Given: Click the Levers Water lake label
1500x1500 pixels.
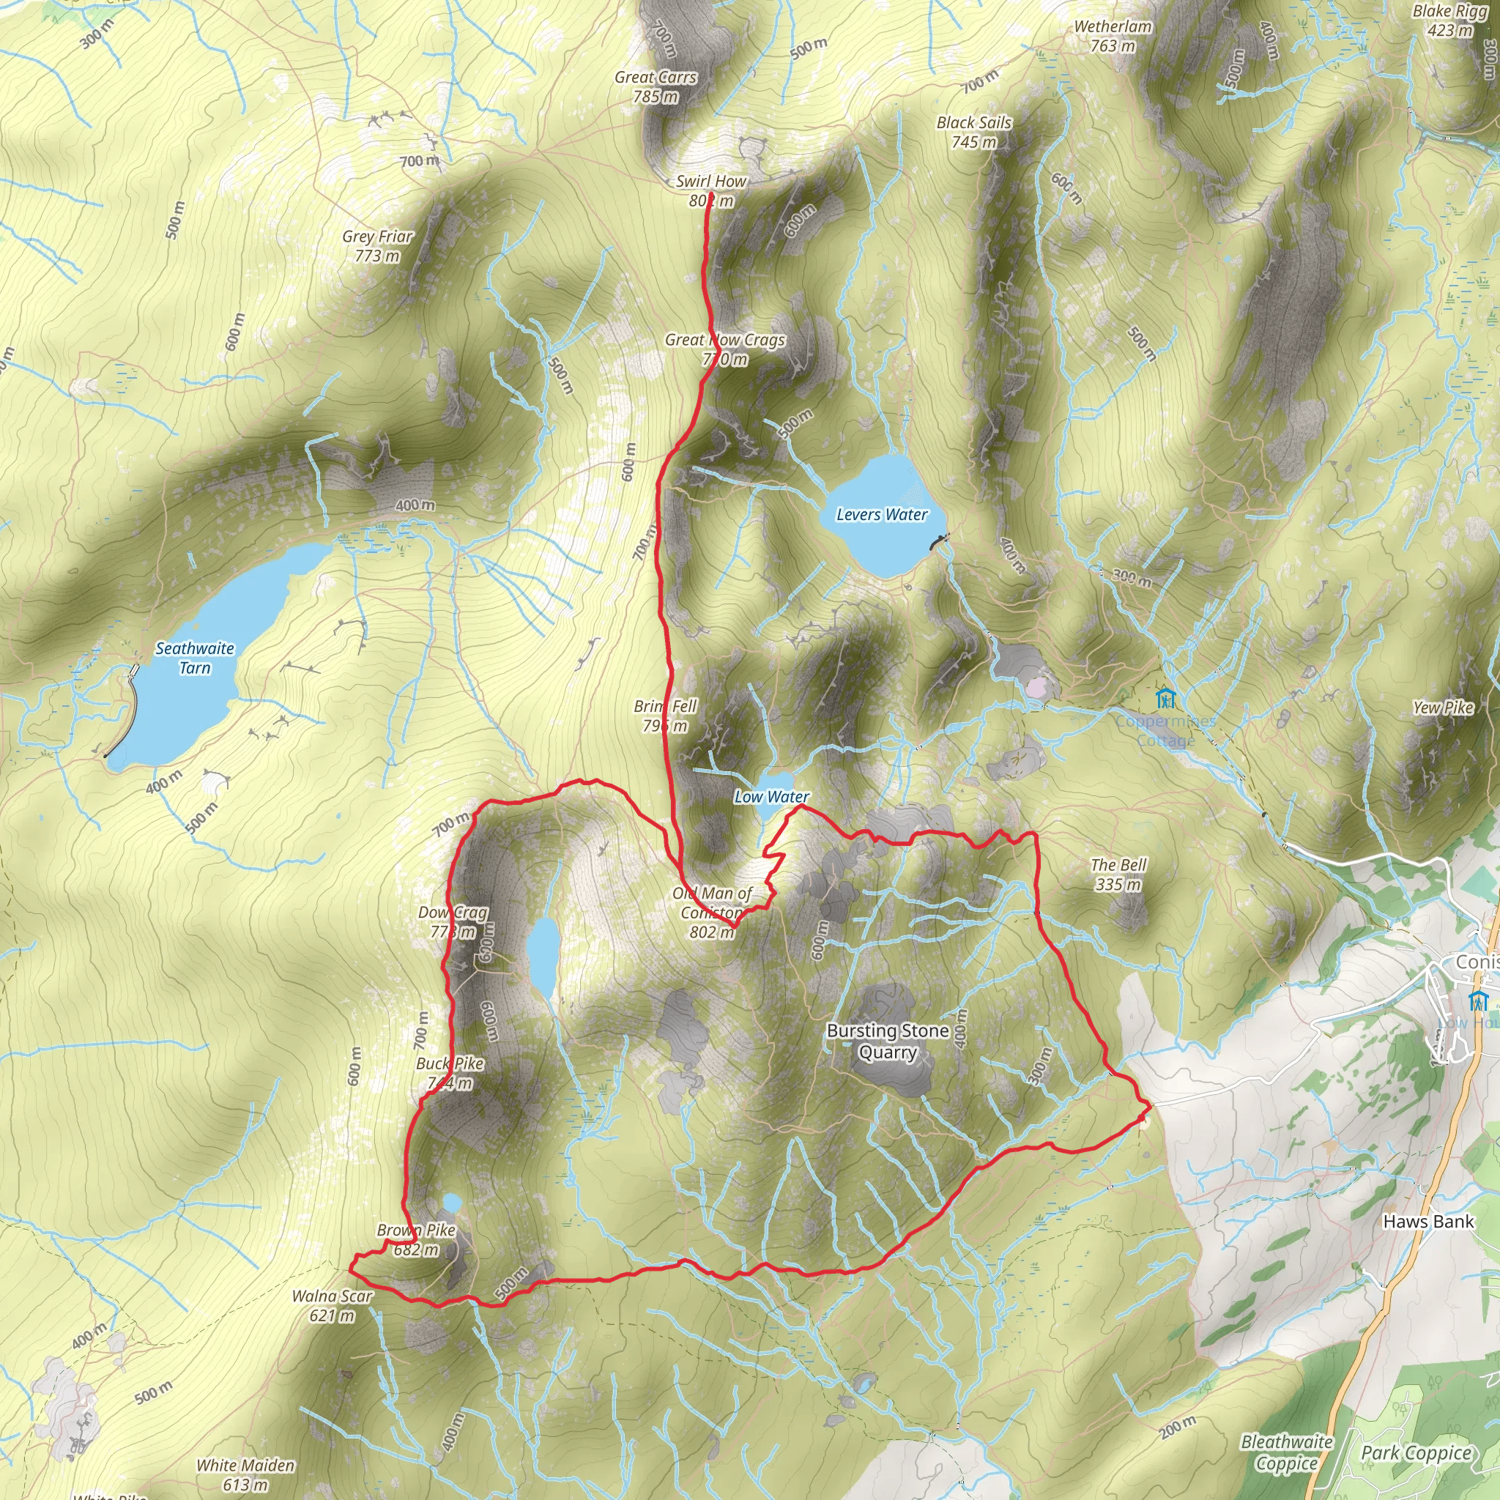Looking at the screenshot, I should point(882,515).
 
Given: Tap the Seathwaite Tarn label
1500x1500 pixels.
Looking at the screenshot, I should point(194,658).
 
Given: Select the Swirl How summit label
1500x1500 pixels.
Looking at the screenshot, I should point(711,191).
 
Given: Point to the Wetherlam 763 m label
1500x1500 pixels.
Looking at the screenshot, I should point(1113,37).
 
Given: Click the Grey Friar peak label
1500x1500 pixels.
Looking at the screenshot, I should point(377,246).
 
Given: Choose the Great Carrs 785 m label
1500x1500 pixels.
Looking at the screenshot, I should point(656,87).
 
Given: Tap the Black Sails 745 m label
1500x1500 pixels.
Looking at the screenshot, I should point(973,132).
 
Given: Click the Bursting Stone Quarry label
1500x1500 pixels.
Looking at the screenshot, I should point(888,1042).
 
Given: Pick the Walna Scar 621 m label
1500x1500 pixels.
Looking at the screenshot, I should point(333,1305).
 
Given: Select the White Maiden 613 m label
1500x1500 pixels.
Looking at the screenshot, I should point(245,1475).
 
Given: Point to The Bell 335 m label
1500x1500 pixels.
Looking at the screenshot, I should point(1118,875).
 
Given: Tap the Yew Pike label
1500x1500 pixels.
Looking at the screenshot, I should point(1443,708).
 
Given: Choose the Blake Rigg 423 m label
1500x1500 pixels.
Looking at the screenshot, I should point(1449,21).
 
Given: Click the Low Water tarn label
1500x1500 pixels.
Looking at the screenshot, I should point(772,797).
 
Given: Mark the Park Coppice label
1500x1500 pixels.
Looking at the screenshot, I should point(1417,1452).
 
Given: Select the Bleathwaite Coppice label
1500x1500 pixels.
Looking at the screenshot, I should point(1286,1452).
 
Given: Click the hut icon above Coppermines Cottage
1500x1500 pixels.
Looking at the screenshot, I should point(1165,697).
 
